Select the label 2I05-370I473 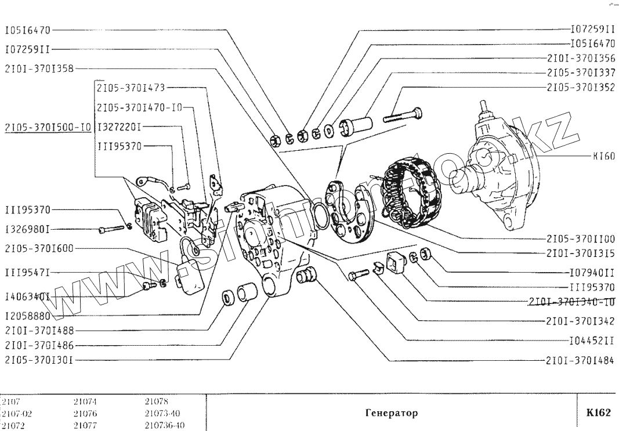coord(131,88)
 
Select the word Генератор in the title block coord(392,413)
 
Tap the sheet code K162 coord(598,413)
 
